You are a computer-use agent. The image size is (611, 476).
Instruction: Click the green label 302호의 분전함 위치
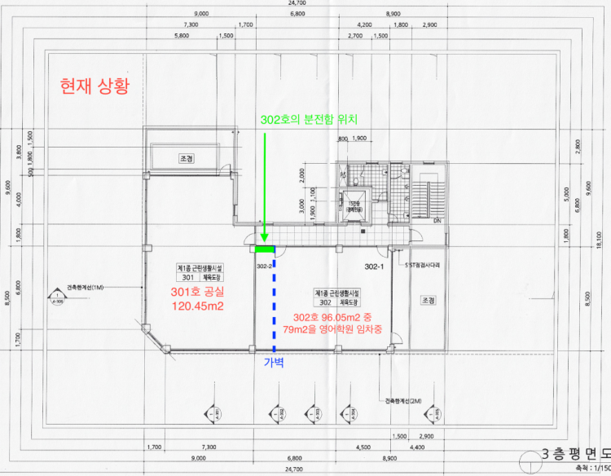pyautogui.click(x=310, y=120)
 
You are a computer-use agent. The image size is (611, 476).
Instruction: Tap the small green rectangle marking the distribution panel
pyautogui.click(x=264, y=249)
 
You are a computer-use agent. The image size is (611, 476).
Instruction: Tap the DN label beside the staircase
pyautogui.click(x=436, y=221)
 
